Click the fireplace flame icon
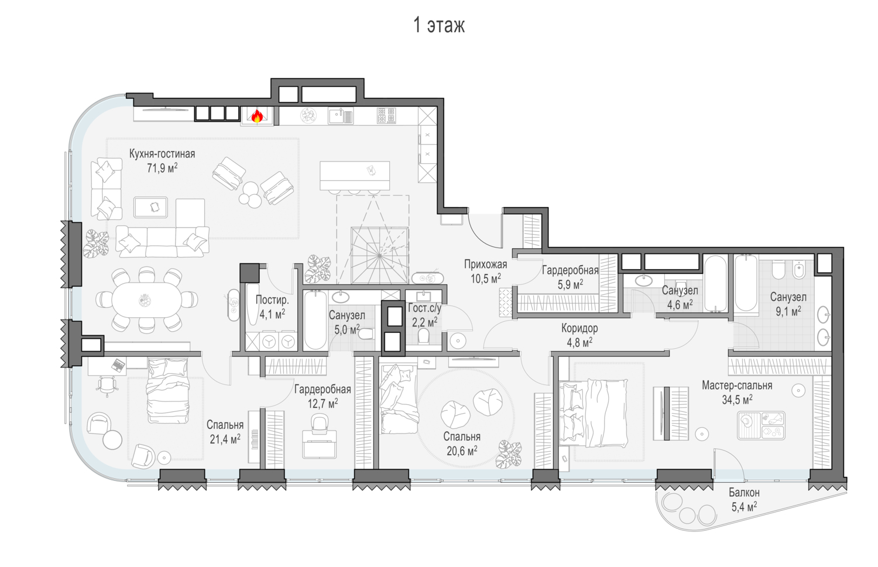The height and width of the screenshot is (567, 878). [257, 116]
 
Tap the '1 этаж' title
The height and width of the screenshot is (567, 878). [439, 26]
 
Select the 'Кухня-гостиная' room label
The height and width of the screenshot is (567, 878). [162, 154]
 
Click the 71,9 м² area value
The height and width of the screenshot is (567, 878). [162, 168]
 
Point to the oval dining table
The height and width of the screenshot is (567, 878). [146, 300]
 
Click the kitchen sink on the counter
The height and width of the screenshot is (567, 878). [341, 116]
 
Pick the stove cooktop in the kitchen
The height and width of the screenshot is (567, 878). [386, 116]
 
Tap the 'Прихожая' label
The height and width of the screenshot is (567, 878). [486, 264]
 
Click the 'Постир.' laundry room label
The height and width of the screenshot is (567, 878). [272, 300]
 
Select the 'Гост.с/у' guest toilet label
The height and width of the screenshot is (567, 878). [424, 308]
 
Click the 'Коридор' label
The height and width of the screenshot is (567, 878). [579, 328]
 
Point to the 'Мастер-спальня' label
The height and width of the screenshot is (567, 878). [737, 386]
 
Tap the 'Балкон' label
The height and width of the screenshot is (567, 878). [745, 492]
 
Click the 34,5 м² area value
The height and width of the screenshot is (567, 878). [738, 400]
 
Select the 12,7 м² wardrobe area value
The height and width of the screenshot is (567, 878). [323, 403]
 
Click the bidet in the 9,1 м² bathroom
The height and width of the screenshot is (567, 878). [798, 270]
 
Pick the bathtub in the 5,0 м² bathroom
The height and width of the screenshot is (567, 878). [315, 320]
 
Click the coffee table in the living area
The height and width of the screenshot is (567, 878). [150, 207]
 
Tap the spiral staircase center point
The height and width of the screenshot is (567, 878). [379, 256]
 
